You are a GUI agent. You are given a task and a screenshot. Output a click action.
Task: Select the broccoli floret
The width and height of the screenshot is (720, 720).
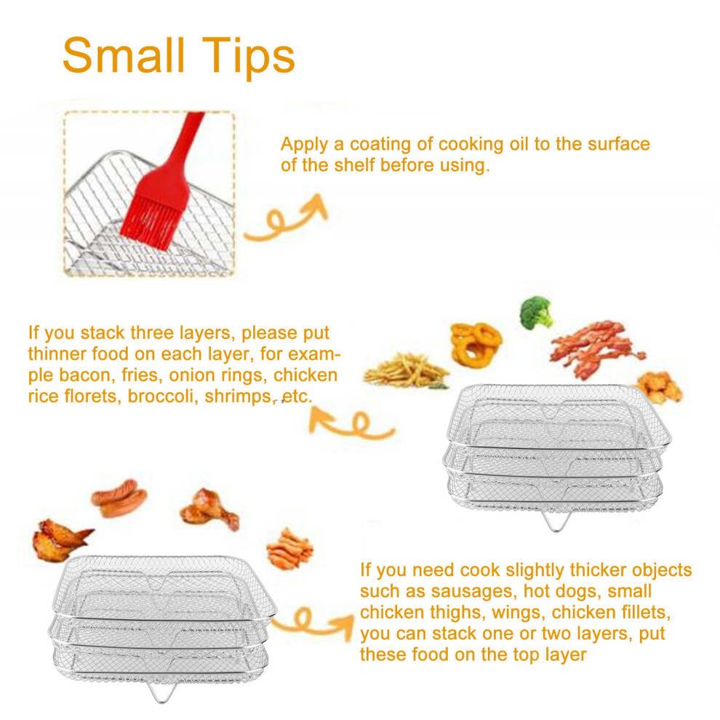pos(536,313)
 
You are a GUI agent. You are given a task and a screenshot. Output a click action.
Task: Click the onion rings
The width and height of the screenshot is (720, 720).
pos(475,345)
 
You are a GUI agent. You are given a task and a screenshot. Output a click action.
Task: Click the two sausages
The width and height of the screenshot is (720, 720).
pos(119,497)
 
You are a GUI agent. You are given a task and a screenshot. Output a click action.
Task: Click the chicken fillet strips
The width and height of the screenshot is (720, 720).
pos(289,550)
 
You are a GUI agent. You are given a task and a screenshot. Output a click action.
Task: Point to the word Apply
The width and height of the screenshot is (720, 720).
pos(304,145)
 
